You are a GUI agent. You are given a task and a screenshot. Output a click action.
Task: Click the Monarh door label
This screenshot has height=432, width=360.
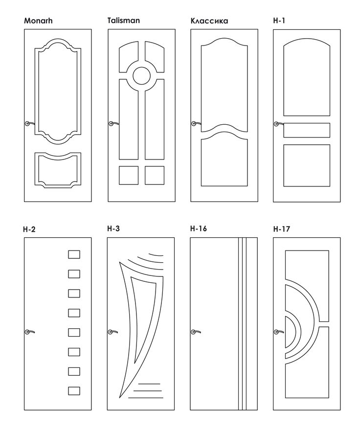coord(38,21)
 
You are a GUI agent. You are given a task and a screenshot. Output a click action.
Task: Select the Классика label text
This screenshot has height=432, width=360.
coord(209,21)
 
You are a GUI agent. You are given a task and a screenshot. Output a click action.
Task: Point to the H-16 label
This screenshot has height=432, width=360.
coord(199,228)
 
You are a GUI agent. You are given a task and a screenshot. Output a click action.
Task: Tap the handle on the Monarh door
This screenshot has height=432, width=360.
coord(29,124)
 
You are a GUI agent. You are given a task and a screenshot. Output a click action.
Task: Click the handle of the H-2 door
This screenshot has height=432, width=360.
coord(29,332)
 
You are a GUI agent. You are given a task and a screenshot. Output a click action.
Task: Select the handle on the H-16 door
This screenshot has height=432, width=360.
coord(195,332)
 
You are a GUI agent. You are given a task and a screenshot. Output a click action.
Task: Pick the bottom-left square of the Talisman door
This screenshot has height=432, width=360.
coord(129,175)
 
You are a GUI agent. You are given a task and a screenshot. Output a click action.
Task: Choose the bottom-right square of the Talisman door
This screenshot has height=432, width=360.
coord(154,175)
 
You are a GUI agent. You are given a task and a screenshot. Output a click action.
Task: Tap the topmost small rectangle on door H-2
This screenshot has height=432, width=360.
coord(74,254)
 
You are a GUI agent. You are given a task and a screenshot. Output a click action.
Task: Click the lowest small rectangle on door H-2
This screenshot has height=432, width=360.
coord(74,390)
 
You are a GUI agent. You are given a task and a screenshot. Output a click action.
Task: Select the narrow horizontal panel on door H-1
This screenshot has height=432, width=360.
coord(307,130)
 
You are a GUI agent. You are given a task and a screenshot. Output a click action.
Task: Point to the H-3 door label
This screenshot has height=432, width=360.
coord(114,228)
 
